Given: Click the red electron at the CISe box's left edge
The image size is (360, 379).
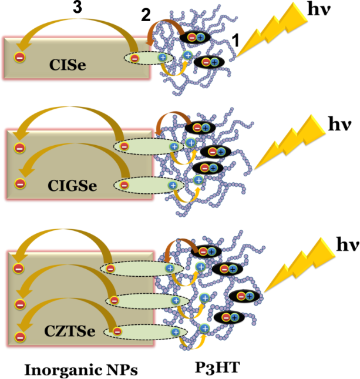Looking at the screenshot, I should [x=19, y=58].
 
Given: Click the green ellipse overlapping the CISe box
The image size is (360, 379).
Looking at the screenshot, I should [x=148, y=58].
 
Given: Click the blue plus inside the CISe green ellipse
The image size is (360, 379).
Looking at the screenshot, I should [x=163, y=58].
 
